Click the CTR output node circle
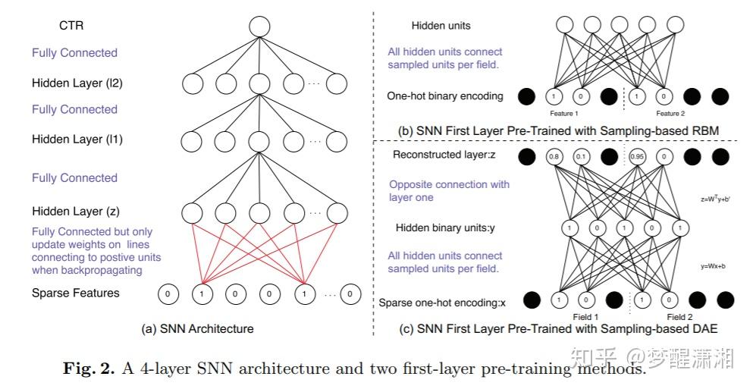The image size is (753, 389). [259, 26]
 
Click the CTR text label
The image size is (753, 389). [71, 26]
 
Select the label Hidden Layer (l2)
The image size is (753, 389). [77, 83]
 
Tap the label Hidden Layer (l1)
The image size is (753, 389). [77, 140]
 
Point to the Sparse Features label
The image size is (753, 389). [76, 293]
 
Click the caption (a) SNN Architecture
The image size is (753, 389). [197, 329]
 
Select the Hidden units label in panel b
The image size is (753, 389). [441, 26]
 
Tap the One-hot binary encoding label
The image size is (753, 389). [445, 96]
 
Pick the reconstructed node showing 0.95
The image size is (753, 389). [638, 157]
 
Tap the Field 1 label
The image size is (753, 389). [585, 317]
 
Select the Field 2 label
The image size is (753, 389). [679, 317]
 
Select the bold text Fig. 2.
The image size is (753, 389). [86, 369]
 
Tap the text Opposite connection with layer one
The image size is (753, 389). [449, 190]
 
